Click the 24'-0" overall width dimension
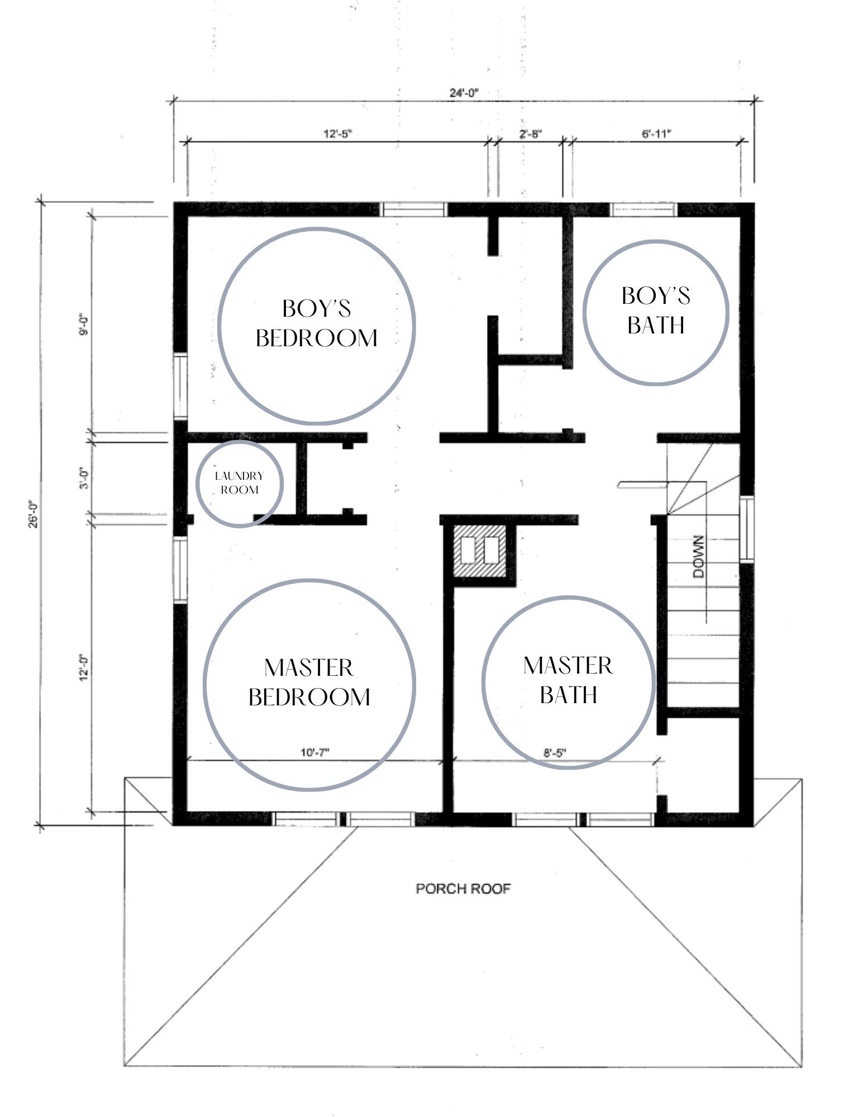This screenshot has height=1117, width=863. click(464, 93)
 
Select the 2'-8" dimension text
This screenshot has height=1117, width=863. click(531, 134)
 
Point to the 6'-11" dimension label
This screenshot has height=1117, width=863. click(656, 134)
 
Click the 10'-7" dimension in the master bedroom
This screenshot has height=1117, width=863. click(314, 752)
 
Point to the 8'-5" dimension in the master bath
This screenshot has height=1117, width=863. click(555, 752)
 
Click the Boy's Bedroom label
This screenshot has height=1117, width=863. click(317, 323)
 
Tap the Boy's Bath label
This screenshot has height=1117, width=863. click(656, 310)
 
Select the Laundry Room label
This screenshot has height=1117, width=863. click(239, 483)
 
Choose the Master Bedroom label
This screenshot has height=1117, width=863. click(309, 682)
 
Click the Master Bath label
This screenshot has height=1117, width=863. click(568, 680)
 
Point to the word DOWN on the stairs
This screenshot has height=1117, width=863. click(699, 557)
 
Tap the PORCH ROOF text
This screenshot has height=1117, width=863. click(464, 889)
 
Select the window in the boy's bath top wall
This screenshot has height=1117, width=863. click(643, 209)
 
